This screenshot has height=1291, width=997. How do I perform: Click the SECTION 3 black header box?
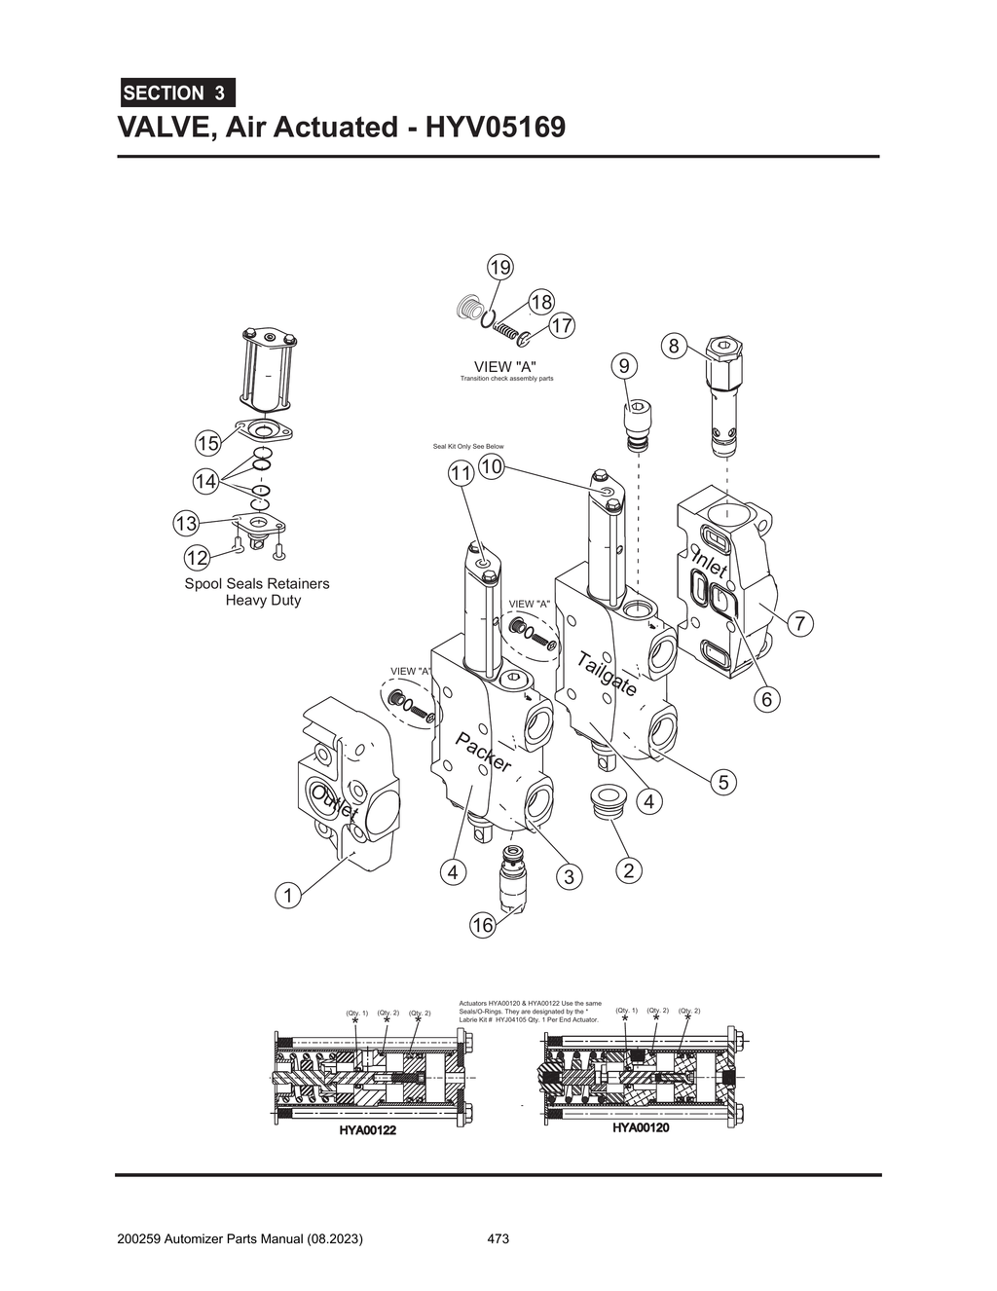coord(176,93)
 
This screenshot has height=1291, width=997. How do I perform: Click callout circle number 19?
coord(500,267)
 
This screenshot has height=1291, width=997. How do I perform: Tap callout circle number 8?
coord(673,345)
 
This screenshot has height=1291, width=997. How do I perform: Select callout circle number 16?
coord(483,925)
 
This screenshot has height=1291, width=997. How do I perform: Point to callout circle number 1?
coord(287,895)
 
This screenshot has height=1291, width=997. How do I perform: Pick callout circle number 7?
coord(798,623)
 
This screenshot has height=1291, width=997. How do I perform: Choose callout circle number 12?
coord(197,558)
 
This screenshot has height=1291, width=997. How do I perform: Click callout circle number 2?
coord(629,870)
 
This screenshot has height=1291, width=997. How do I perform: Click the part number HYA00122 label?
coord(368,1130)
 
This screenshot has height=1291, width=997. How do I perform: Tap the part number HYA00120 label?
coord(641,1127)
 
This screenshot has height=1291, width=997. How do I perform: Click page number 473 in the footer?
coord(498,1239)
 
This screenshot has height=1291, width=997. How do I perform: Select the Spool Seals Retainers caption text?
coord(257,584)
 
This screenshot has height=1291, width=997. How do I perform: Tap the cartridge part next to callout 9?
coord(635,425)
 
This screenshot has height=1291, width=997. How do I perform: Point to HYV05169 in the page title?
coord(493,128)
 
